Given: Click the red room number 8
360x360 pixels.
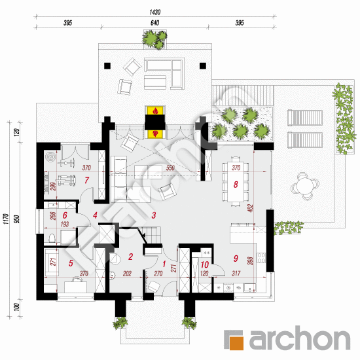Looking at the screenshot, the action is click(236, 185).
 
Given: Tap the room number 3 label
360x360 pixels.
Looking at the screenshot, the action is click(154, 215).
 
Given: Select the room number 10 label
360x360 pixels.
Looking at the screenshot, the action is click(205, 264).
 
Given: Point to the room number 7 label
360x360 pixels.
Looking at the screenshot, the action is click(86, 180).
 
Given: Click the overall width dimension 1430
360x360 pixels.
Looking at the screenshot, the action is click(155, 12).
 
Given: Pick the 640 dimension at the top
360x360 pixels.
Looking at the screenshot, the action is click(154, 23).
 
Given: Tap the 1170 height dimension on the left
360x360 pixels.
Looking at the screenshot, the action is click(6, 219).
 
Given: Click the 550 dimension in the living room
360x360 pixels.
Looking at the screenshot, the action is click(170, 168).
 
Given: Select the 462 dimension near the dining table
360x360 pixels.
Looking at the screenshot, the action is click(250, 208).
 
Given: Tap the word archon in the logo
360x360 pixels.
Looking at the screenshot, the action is click(300, 338).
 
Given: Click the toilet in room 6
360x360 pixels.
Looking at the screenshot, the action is click(52, 238).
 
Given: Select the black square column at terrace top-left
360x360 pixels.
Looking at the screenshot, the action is click(107, 66).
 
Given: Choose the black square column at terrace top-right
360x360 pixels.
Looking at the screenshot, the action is click(203, 66).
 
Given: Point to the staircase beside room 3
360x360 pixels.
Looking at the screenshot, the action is click(149, 234).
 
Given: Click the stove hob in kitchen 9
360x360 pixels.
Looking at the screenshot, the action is click(261, 258).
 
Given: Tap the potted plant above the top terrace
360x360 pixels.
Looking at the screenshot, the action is click(154, 39).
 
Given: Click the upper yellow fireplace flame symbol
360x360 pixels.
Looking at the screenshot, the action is click(156, 111).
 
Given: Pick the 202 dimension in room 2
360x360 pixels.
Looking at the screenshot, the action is click(127, 274).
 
